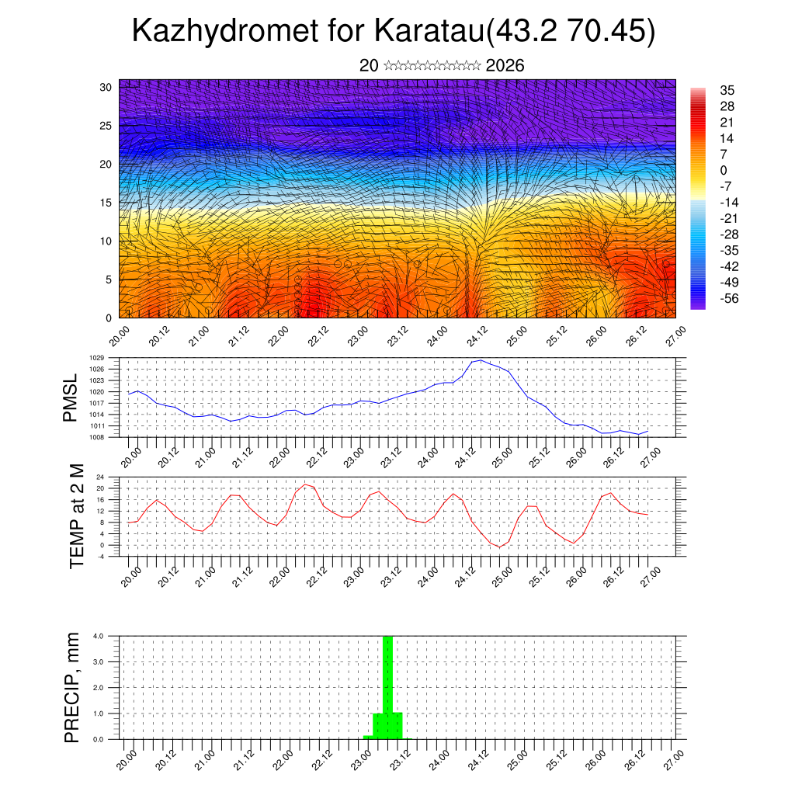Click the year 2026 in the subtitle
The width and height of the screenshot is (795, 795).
pyautogui.click(x=505, y=66)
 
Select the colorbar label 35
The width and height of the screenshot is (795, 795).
pyautogui.click(x=727, y=90)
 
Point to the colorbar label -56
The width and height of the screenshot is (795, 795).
pyautogui.click(x=731, y=297)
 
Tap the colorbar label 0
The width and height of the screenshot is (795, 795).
pyautogui.click(x=724, y=170)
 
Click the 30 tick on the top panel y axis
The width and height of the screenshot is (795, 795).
pyautogui.click(x=106, y=87)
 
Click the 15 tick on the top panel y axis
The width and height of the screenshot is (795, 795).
pyautogui.click(x=106, y=203)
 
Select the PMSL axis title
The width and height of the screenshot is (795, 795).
pyautogui.click(x=71, y=398)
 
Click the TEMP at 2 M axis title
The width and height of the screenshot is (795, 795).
pyautogui.click(x=76, y=516)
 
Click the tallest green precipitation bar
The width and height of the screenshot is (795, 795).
pyautogui.click(x=387, y=683)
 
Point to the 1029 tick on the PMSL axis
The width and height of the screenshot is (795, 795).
pyautogui.click(x=97, y=358)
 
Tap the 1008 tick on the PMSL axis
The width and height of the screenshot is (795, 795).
pyautogui.click(x=97, y=437)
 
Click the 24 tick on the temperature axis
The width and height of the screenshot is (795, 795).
pyautogui.click(x=100, y=477)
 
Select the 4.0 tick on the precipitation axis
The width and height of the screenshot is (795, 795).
pyautogui.click(x=99, y=636)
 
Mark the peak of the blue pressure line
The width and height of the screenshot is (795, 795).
pyautogui.click(x=481, y=360)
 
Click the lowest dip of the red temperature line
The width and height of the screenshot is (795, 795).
pyautogui.click(x=501, y=547)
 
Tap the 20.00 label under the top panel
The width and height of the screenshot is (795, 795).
pyautogui.click(x=120, y=339)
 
